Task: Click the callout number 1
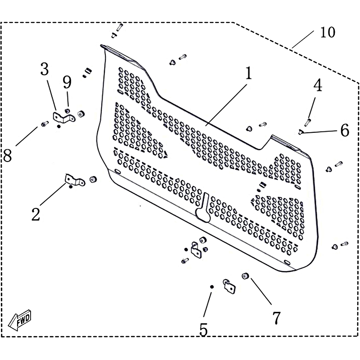(249, 73)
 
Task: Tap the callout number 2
(36, 215)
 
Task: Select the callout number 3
(45, 69)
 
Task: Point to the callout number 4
(318, 85)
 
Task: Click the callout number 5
(203, 330)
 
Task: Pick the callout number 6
(345, 130)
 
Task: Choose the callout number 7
(276, 318)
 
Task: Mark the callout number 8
(7, 156)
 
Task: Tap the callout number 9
(67, 82)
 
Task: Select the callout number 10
(328, 32)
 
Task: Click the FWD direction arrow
(20, 320)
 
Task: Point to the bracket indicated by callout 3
(64, 117)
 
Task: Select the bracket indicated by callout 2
(75, 180)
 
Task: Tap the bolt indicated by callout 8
(45, 124)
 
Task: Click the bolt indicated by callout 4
(307, 121)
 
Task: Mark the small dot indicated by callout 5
(212, 287)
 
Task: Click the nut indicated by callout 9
(67, 111)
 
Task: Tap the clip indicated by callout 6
(301, 132)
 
